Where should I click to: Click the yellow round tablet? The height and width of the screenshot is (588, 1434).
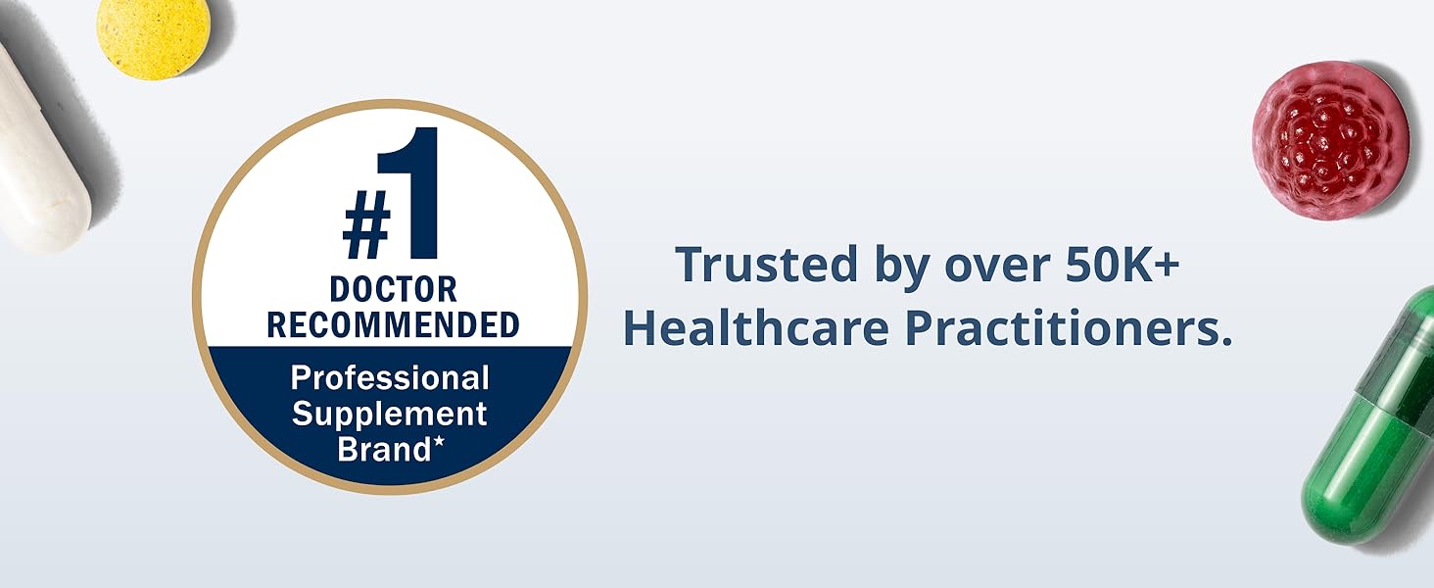coord(153,37)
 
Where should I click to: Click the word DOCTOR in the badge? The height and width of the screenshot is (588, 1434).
coord(393,289)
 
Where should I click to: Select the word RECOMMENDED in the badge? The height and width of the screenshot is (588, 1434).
coord(393,325)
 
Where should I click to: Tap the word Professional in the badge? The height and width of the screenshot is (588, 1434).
coord(390,378)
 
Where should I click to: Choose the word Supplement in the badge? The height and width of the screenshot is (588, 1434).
coord(390,414)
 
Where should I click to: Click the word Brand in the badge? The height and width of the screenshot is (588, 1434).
coord(383,449)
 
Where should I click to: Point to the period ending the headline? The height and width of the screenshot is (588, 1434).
coord(1224,342)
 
